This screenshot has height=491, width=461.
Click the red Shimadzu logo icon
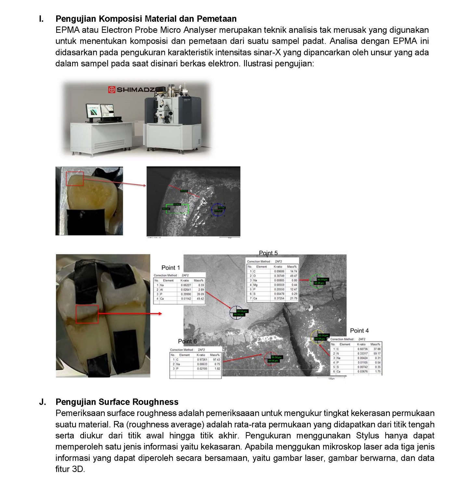111,90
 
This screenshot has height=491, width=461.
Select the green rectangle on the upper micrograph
177,209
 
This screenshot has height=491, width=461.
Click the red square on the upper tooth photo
75,179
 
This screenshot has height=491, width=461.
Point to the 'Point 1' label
171,268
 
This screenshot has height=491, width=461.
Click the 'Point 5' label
268,253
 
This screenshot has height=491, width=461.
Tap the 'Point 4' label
359,331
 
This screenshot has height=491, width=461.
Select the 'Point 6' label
187,341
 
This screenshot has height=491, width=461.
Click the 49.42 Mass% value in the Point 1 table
200,299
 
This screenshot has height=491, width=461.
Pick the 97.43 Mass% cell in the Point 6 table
216,360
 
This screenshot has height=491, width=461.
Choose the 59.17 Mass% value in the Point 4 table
377,353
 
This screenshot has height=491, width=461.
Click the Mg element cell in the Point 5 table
255,285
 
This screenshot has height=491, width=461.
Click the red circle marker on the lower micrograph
271,359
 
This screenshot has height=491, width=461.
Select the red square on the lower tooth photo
87,314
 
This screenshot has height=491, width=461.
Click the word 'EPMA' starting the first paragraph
67,30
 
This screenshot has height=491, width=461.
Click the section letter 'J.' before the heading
43,402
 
